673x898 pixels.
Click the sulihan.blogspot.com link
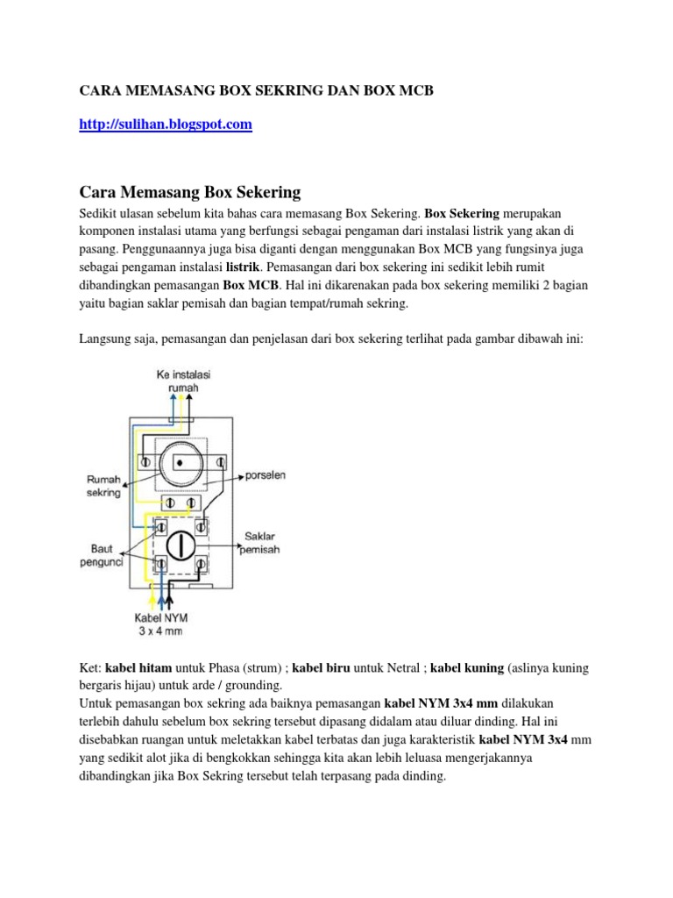(166, 125)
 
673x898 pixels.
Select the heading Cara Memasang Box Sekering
(190, 191)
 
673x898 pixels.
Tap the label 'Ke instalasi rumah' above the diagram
(183, 381)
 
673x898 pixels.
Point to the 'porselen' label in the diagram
(265, 475)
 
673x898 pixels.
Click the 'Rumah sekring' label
(103, 487)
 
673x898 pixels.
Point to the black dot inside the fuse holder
(179, 461)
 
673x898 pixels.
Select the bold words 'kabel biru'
(321, 668)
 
